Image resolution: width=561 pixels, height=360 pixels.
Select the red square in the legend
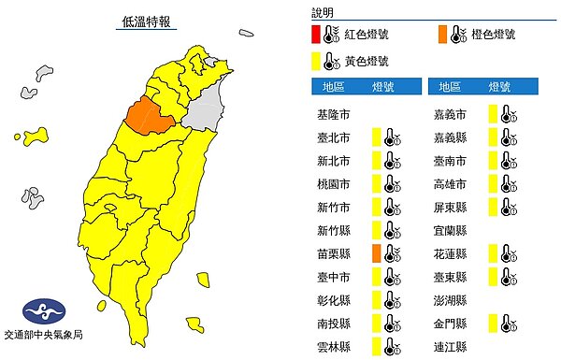[318, 36]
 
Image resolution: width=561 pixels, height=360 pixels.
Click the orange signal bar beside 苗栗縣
[374, 252]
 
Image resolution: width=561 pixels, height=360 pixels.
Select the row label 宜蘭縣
[451, 229]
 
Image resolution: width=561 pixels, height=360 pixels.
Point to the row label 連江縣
[451, 345]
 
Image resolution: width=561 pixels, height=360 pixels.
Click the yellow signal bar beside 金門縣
[490, 323]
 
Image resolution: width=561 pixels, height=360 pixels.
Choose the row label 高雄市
[451, 183]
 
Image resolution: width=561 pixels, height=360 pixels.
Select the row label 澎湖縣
[451, 299]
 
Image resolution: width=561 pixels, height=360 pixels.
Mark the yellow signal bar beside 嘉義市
[490, 114]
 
